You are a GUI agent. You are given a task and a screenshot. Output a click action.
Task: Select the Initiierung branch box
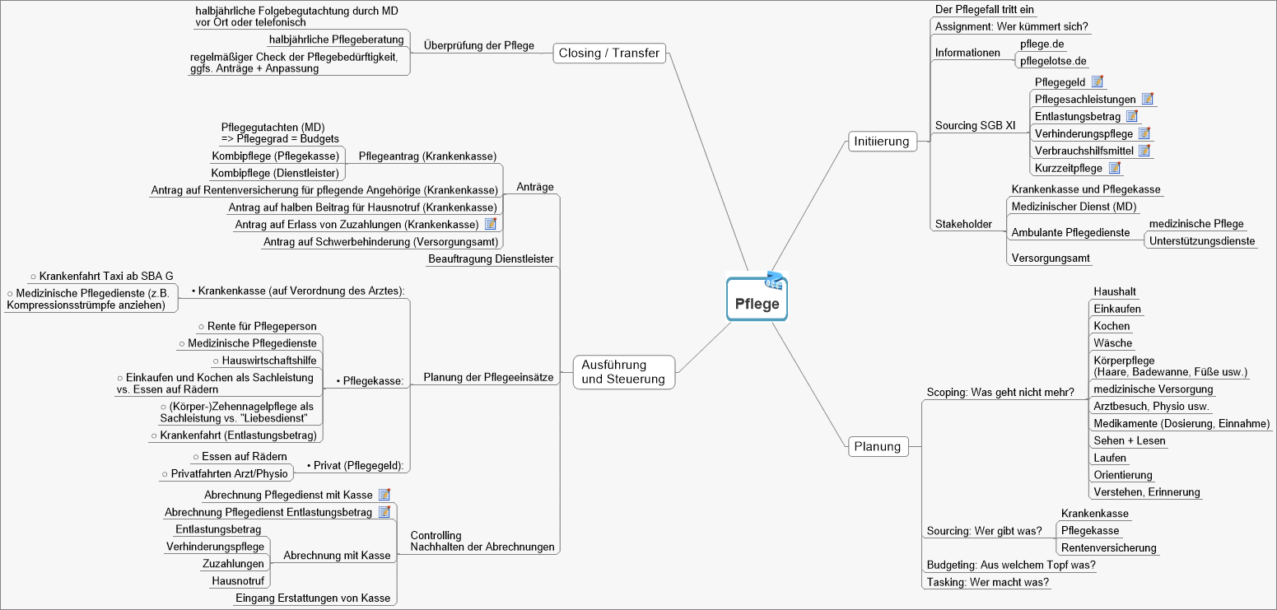[881, 142]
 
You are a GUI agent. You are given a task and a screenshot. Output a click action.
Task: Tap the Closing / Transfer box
[608, 54]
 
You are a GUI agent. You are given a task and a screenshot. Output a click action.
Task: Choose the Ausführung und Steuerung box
[623, 372]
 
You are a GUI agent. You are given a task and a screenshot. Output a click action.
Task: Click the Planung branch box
[878, 447]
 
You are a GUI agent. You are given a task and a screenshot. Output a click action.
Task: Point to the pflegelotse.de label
[1053, 61]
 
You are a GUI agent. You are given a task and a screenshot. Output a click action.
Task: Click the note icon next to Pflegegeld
[1097, 81]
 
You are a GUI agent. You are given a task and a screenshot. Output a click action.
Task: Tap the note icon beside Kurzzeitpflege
[1115, 168]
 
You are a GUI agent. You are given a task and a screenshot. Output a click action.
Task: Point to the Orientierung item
[1123, 475]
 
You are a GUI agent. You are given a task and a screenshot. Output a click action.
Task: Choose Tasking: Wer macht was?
[987, 582]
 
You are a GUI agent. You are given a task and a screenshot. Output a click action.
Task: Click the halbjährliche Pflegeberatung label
[336, 40]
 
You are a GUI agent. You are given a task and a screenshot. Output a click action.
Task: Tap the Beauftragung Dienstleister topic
[491, 259]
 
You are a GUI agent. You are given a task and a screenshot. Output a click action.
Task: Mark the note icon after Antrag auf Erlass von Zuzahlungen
[490, 224]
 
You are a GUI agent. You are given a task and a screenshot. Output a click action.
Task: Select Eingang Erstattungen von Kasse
[313, 598]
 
